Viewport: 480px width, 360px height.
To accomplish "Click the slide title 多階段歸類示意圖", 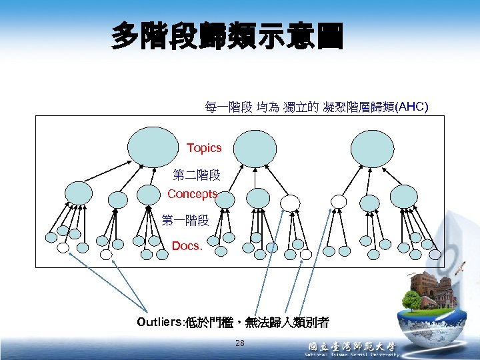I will (x=228, y=37).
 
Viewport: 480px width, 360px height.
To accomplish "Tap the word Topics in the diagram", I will (x=204, y=147).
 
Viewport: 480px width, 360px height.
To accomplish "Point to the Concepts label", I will (x=193, y=194).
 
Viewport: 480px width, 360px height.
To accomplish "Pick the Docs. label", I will (x=187, y=246).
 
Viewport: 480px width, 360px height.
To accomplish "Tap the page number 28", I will (x=240, y=343).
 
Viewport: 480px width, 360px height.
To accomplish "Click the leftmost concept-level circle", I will (x=79, y=193).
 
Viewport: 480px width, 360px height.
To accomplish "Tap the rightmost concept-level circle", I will (x=403, y=196).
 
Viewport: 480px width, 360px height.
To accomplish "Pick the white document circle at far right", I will (x=435, y=254).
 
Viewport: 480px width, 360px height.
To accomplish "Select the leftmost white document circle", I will (x=63, y=248).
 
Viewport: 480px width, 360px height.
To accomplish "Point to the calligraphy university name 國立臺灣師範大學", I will (x=351, y=347).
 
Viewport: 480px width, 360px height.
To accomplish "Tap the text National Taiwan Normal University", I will (x=351, y=356).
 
